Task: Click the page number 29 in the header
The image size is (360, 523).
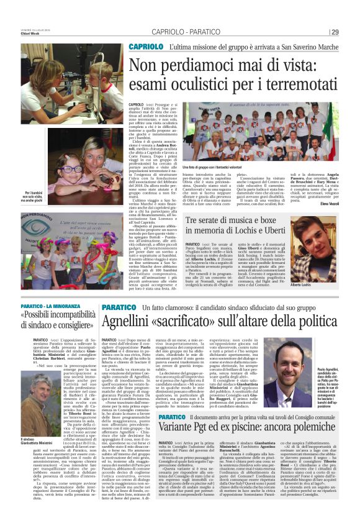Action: click(x=335, y=32)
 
